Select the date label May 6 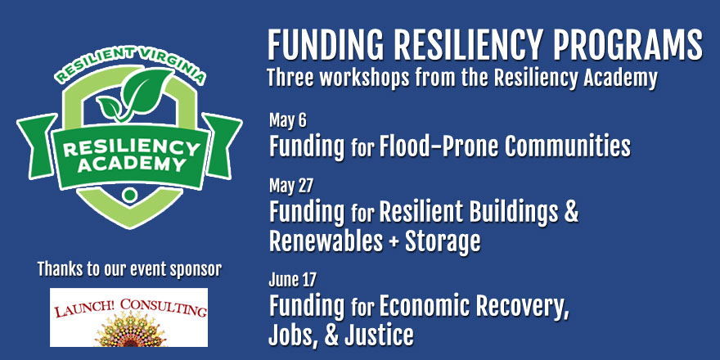(x=287, y=121)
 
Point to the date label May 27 (x=290, y=186)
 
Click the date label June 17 (x=293, y=279)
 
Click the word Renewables (x=326, y=241)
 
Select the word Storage (x=442, y=241)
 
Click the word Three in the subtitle (x=290, y=79)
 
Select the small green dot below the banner (x=130, y=195)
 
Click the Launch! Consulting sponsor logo (x=128, y=317)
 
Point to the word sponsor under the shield (x=196, y=269)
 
